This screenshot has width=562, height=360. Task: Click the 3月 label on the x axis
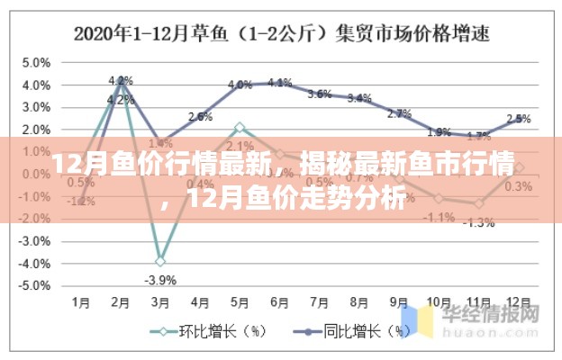[159, 303]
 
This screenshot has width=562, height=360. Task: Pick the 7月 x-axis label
[319, 303]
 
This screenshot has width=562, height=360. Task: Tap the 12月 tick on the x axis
[518, 303]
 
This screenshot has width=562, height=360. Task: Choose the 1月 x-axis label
[81, 303]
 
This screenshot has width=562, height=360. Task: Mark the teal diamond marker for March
[160, 261]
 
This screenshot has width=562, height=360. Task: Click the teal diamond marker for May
[240, 128]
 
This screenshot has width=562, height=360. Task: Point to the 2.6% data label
[200, 116]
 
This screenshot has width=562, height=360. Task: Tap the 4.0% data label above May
[240, 85]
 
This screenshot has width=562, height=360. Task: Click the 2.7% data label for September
[399, 113]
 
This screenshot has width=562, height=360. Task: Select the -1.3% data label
[478, 221]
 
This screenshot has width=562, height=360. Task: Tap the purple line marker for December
[518, 120]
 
